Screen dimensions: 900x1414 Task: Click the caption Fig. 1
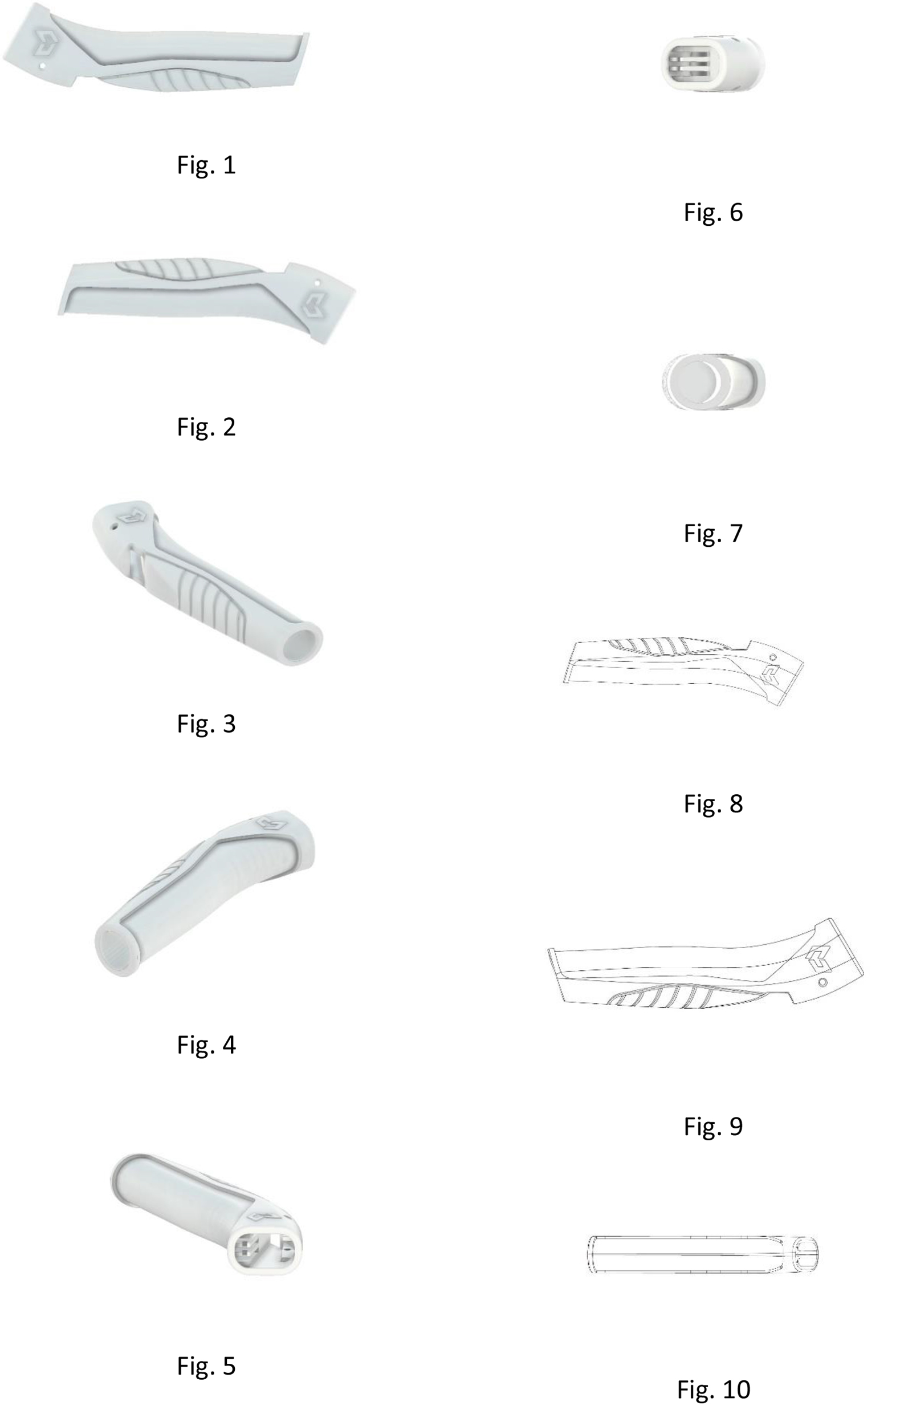point(206,165)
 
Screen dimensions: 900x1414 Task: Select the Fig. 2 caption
point(206,427)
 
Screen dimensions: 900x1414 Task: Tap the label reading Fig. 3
point(206,724)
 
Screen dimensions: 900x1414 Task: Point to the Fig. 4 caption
point(206,1045)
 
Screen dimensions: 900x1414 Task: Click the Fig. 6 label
point(712,212)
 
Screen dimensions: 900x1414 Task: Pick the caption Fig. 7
point(712,533)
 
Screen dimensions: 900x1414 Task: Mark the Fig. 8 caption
point(712,803)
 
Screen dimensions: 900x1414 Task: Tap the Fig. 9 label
point(712,1125)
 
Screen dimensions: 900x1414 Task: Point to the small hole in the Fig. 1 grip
point(42,66)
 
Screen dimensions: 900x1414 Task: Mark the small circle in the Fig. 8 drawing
point(773,657)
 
